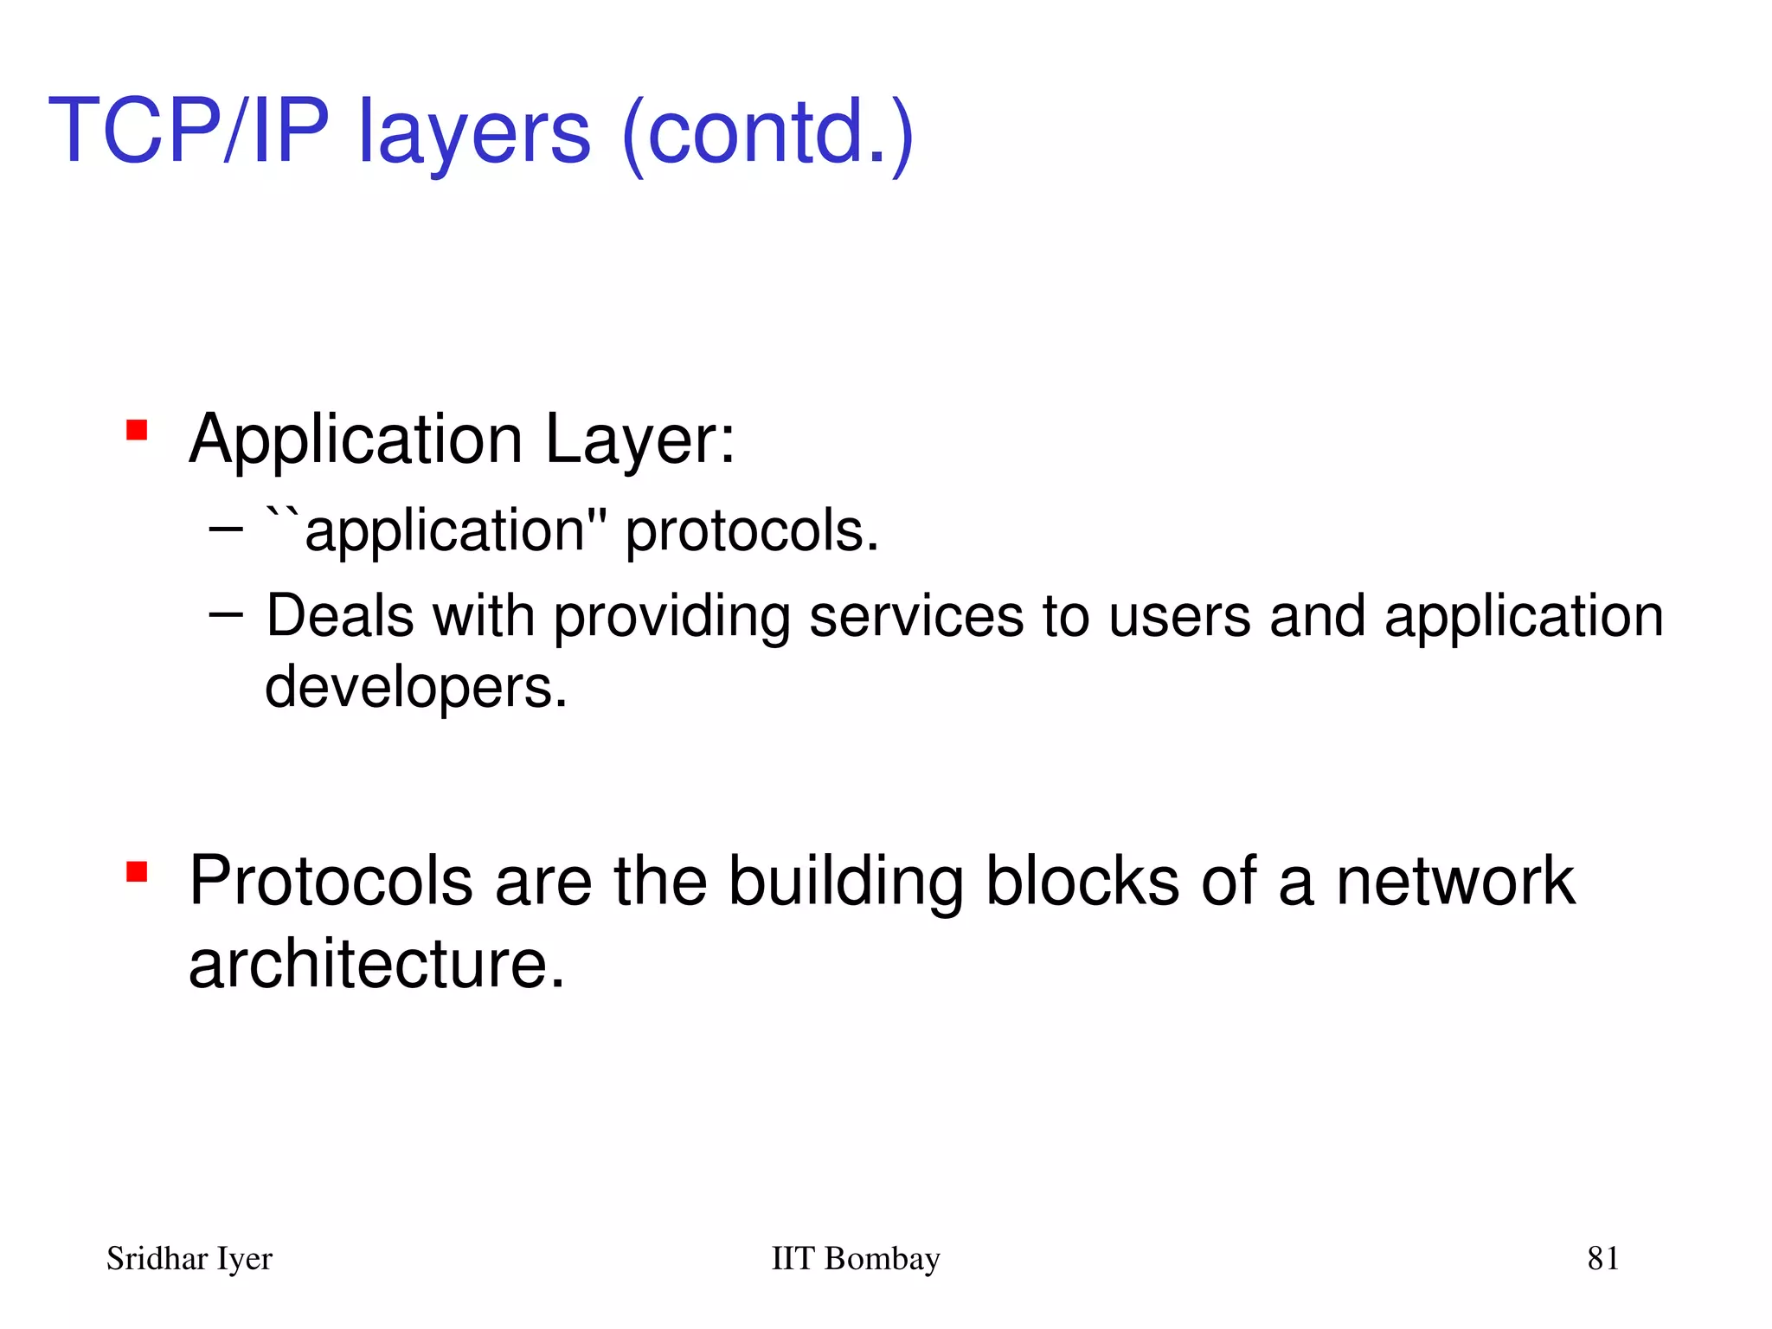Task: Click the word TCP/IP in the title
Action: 189,131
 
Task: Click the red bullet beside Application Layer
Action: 137,430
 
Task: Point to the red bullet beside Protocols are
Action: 137,870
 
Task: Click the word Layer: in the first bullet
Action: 639,440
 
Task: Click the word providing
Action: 671,618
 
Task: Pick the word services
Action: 915,616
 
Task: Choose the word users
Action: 1179,616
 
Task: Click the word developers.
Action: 415,687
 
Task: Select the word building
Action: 845,883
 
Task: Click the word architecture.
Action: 376,964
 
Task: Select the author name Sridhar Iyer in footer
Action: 189,1259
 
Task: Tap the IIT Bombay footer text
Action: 855,1258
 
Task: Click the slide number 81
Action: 1602,1258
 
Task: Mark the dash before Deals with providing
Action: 226,614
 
